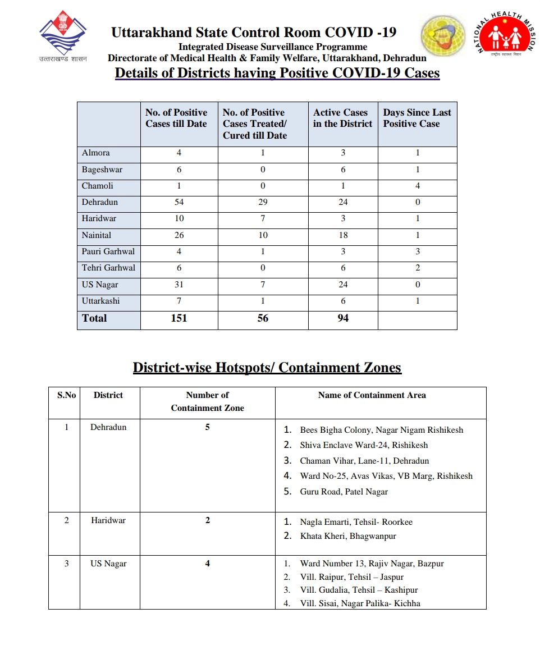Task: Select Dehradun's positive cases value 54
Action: tap(179, 202)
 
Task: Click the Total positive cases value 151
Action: tap(179, 318)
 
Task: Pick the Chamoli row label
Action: tap(98, 186)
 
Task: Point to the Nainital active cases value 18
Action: tap(343, 235)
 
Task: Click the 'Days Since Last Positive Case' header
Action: tap(417, 118)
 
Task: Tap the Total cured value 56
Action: tap(263, 318)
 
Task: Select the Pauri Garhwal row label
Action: tap(108, 251)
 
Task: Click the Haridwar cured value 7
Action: tap(263, 218)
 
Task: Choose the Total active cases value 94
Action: tap(343, 318)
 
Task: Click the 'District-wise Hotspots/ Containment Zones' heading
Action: tap(267, 368)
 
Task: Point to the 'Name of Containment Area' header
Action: tap(372, 395)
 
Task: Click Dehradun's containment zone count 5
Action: tap(208, 427)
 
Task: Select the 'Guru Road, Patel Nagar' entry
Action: tap(344, 492)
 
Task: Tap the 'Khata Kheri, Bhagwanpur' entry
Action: tap(348, 536)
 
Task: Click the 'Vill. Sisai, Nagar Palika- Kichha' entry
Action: tap(360, 603)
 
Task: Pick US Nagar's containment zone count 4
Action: tap(208, 564)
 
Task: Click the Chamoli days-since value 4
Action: tap(418, 186)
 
